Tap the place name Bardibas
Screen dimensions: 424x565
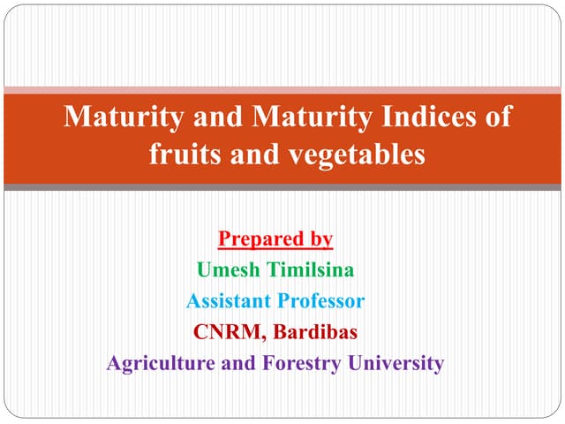point(315,332)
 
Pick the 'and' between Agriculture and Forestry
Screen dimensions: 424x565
point(234,363)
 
